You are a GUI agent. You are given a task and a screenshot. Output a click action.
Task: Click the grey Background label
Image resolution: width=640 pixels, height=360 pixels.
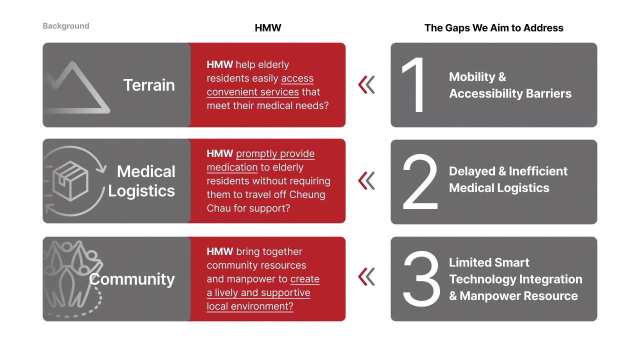pyautogui.click(x=66, y=26)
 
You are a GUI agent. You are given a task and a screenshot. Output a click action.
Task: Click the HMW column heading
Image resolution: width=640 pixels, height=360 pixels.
pyautogui.click(x=268, y=27)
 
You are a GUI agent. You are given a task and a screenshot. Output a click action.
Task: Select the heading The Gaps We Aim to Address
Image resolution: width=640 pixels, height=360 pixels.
pyautogui.click(x=493, y=27)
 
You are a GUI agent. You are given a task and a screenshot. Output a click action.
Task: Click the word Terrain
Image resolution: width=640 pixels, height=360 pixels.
pyautogui.click(x=149, y=85)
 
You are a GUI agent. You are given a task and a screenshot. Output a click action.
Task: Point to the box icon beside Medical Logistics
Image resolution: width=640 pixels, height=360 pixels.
pyautogui.click(x=70, y=181)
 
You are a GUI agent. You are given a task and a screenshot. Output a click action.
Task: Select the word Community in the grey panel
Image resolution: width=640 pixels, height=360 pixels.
pyautogui.click(x=131, y=279)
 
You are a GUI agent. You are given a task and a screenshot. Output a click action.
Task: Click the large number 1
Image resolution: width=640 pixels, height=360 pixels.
pyautogui.click(x=413, y=84)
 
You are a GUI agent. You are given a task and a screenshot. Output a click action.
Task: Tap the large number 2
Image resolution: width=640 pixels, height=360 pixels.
pyautogui.click(x=420, y=181)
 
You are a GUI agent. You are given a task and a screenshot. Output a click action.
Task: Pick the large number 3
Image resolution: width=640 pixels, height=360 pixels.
pyautogui.click(x=421, y=279)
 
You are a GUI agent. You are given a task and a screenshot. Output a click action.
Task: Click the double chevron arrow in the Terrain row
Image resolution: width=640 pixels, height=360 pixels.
pyautogui.click(x=366, y=85)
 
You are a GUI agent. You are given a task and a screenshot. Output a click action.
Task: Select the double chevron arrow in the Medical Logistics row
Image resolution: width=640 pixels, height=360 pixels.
pyautogui.click(x=366, y=181)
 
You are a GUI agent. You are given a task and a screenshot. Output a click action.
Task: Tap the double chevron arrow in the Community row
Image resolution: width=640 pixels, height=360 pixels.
pyautogui.click(x=366, y=277)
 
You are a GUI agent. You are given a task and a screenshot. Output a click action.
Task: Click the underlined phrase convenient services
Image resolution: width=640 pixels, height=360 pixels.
pyautogui.click(x=252, y=92)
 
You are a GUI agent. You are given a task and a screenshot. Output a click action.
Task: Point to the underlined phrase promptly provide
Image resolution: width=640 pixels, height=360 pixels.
pyautogui.click(x=275, y=153)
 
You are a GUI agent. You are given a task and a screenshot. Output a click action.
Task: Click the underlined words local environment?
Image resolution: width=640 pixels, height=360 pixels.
pyautogui.click(x=250, y=306)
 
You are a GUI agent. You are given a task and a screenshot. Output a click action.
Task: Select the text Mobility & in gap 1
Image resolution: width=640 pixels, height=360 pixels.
pyautogui.click(x=477, y=77)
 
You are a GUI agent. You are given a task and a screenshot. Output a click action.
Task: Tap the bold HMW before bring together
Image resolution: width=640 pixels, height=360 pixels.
pyautogui.click(x=219, y=251)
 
